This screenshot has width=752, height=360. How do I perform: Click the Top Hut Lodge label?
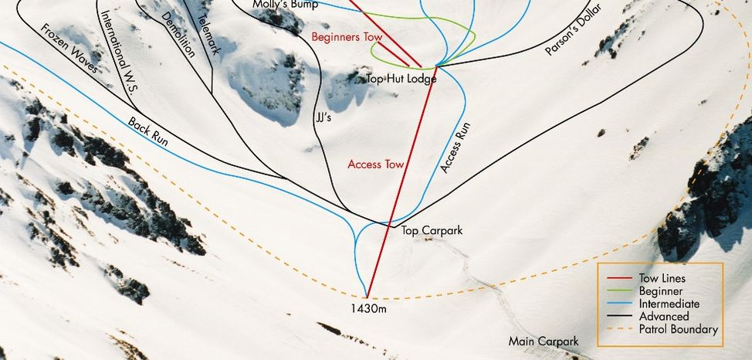pos(401,79)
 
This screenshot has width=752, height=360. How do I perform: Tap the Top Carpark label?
pos(435,231)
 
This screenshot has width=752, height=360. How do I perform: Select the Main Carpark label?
pos(543,341)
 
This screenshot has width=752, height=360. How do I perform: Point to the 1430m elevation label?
pos(367,308)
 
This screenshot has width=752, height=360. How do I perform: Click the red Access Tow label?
pos(376,165)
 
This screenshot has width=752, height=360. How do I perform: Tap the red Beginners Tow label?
pos(347,36)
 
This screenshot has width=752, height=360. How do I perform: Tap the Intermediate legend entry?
pos(669,304)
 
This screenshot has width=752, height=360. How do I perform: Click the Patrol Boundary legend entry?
pos(679,329)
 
